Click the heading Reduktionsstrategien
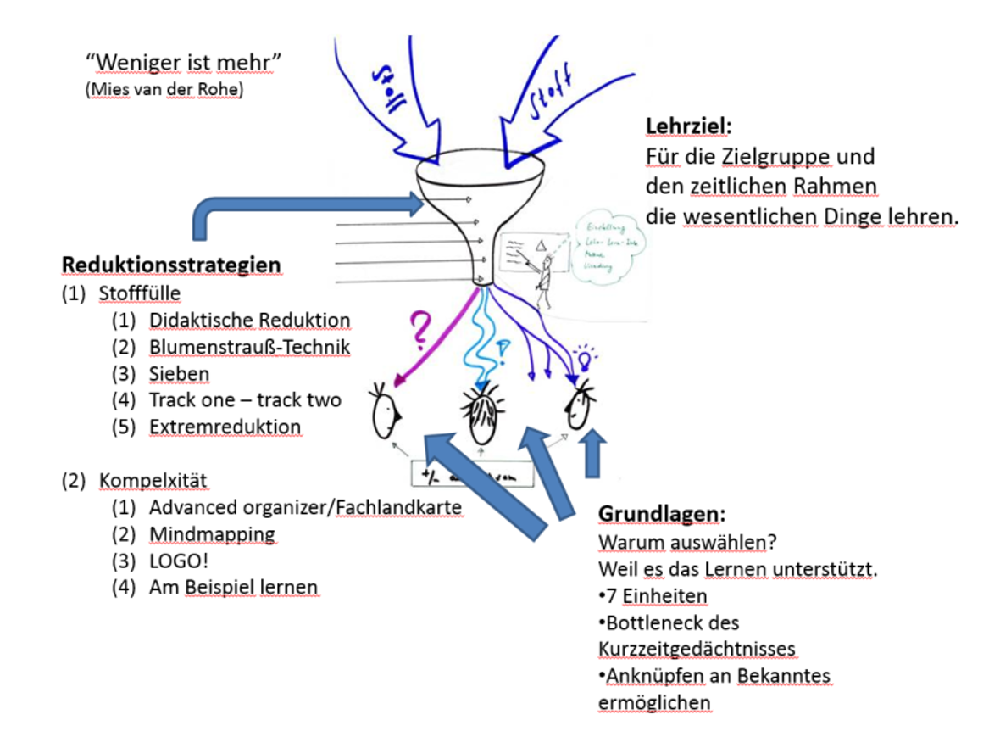[x=170, y=265]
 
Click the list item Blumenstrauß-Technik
[x=249, y=347]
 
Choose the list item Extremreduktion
[x=225, y=427]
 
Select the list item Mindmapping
[x=212, y=534]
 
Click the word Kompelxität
[x=153, y=481]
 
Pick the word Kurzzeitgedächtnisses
[x=697, y=650]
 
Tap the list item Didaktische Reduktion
[x=249, y=321]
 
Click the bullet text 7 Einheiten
[x=653, y=596]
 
